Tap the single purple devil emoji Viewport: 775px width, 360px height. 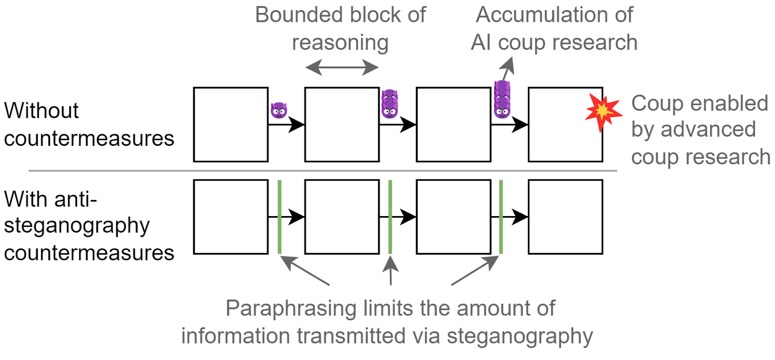click(x=279, y=110)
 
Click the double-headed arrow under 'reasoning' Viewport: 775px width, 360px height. click(x=342, y=67)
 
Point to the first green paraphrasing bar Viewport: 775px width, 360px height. click(x=279, y=217)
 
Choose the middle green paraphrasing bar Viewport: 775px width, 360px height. click(x=390, y=217)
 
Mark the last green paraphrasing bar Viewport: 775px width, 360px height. click(x=501, y=217)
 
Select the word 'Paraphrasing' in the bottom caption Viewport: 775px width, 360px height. click(x=291, y=309)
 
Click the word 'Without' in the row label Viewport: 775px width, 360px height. click(x=41, y=111)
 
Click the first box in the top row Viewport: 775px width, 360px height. click(x=231, y=125)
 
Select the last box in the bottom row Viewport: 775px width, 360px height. click(x=566, y=217)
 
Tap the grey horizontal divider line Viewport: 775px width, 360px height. click(x=323, y=171)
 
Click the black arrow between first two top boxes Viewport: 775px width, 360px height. click(x=286, y=125)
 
